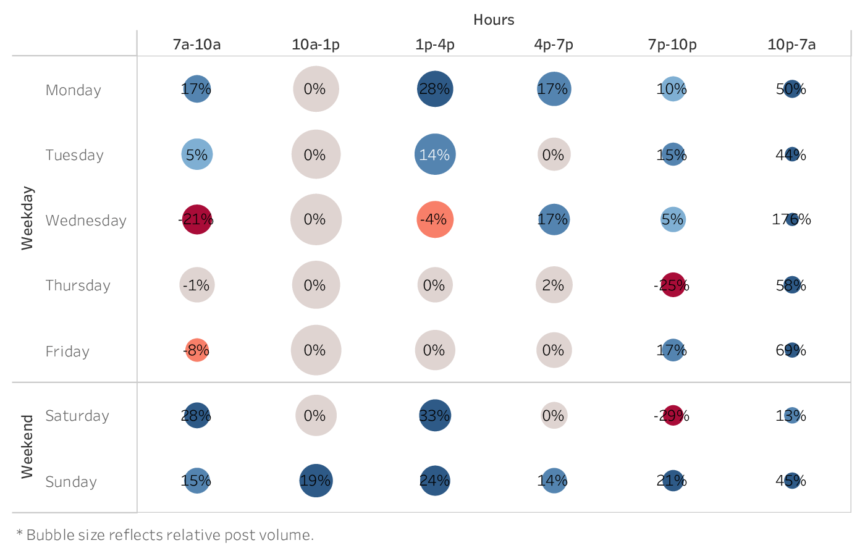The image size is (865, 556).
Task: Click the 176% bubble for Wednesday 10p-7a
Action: click(791, 219)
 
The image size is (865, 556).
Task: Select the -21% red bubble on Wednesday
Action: click(196, 219)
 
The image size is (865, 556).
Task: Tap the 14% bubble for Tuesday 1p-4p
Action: click(435, 154)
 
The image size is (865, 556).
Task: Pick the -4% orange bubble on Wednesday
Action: click(435, 219)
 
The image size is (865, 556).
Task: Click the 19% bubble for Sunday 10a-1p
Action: click(316, 481)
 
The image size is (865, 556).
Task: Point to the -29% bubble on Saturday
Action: click(672, 416)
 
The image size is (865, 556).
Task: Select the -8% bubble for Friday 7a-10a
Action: click(196, 350)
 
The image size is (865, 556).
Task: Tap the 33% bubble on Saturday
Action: click(435, 416)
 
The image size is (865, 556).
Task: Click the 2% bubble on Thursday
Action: click(554, 285)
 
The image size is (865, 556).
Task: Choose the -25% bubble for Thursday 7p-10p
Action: click(672, 285)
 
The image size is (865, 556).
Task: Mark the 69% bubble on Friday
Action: click(791, 350)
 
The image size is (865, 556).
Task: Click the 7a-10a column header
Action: click(196, 44)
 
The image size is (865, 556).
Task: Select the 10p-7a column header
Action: click(791, 44)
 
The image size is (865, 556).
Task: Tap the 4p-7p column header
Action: click(554, 44)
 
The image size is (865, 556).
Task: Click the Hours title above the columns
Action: click(494, 20)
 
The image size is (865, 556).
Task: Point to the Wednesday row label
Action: click(86, 221)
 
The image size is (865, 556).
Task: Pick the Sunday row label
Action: click(71, 482)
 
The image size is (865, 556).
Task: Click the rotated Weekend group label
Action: click(27, 447)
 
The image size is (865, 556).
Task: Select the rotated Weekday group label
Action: click(27, 218)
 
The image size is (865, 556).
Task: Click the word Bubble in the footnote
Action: click(46, 535)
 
